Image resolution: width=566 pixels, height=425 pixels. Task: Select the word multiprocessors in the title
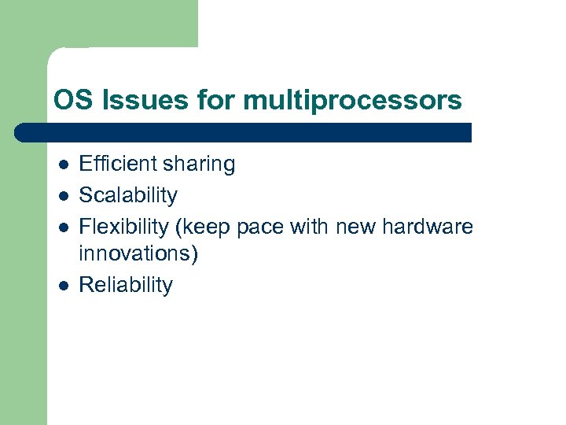pos(353,101)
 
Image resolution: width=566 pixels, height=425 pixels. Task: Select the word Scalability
pos(128,194)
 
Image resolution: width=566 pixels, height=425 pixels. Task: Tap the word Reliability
pos(126,284)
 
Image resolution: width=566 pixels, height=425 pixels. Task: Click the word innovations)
pos(139,253)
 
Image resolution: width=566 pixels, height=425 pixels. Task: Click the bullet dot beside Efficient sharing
pos(63,164)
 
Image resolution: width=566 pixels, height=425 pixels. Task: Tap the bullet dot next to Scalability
pos(63,195)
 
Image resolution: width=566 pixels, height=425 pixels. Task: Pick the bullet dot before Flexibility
pos(63,227)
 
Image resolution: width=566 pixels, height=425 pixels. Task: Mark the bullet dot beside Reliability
pos(63,285)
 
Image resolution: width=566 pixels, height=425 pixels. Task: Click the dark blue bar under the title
pos(244,132)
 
